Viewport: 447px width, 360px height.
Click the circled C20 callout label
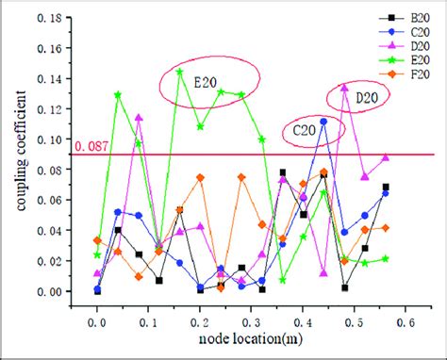coord(302,130)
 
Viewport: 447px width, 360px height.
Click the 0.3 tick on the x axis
coord(302,320)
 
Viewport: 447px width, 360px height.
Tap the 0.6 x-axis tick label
coord(405,320)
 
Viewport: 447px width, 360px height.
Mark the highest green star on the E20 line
coord(179,72)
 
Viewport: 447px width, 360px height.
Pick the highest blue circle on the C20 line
coord(323,122)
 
